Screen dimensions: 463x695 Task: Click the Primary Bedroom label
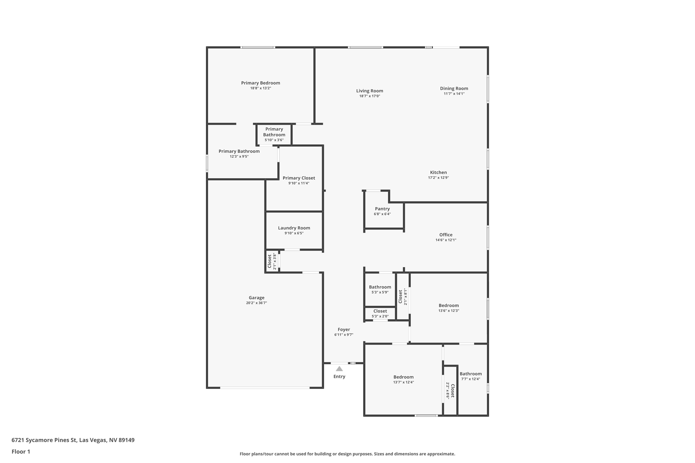pos(260,83)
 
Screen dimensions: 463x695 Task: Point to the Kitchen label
pos(438,172)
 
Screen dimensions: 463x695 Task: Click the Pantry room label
pos(382,209)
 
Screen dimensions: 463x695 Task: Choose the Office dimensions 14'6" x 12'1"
pos(445,240)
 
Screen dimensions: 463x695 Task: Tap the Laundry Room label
pos(294,228)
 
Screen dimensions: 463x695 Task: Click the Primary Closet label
pos(299,178)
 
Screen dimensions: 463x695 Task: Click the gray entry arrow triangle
pos(339,369)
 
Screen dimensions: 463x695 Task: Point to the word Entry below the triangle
pos(339,376)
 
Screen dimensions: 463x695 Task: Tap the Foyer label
pos(344,329)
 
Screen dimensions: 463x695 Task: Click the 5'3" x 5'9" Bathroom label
pos(380,287)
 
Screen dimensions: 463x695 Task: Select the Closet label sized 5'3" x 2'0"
pos(380,311)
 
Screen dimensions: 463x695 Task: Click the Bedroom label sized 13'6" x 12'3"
pos(449,306)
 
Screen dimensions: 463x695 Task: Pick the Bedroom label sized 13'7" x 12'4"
pos(403,377)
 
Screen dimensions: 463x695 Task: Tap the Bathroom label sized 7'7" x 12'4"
pos(471,374)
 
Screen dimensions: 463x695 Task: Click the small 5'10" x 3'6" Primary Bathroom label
pos(274,132)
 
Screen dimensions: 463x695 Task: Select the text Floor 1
pos(21,451)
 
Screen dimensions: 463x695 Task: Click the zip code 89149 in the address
pos(126,440)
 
